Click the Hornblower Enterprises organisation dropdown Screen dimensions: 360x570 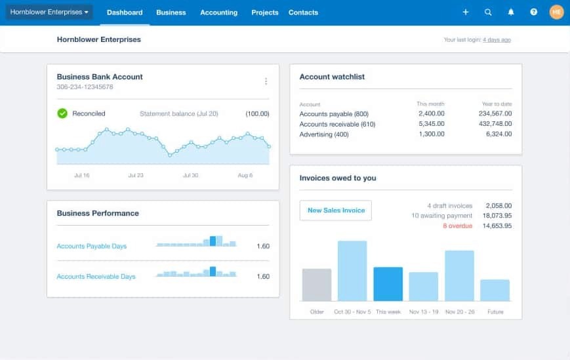pyautogui.click(x=49, y=12)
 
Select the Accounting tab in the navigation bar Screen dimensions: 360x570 pyautogui.click(x=218, y=12)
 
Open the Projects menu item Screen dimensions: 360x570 pyautogui.click(x=264, y=12)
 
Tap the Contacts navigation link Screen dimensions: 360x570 pyautogui.click(x=303, y=12)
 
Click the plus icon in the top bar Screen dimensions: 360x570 pyautogui.click(x=466, y=12)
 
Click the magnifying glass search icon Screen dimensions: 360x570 pyautogui.click(x=488, y=12)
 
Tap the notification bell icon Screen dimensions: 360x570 pyautogui.click(x=511, y=12)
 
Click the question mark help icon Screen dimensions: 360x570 pyautogui.click(x=533, y=12)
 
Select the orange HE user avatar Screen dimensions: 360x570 pyautogui.click(x=556, y=12)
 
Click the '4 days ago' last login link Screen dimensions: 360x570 pyautogui.click(x=497, y=40)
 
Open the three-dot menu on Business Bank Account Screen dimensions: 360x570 pyautogui.click(x=266, y=81)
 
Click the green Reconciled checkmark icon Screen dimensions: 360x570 pyautogui.click(x=62, y=113)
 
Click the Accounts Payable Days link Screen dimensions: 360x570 pyautogui.click(x=92, y=247)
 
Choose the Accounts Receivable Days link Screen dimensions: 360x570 pyautogui.click(x=96, y=277)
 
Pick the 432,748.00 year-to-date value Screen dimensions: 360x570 pyautogui.click(x=495, y=124)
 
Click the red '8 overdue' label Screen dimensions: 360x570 pyautogui.click(x=457, y=226)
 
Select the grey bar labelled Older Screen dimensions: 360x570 pyautogui.click(x=317, y=285)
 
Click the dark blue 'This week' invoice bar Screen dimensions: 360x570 pyautogui.click(x=388, y=284)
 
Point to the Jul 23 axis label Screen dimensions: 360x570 pyautogui.click(x=136, y=175)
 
